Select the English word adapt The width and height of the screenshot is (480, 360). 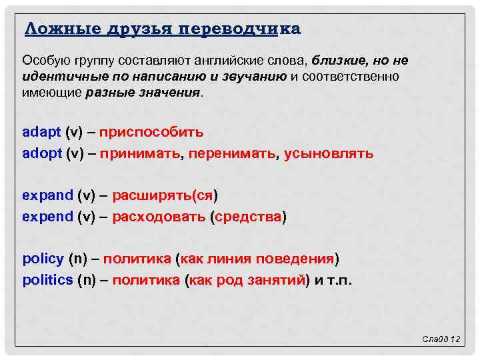(42, 132)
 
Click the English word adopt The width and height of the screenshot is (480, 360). (42, 153)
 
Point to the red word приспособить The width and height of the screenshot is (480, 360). (151, 132)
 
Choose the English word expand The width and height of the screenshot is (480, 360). (47, 195)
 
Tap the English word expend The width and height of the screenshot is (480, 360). (47, 217)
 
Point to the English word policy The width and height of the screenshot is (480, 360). (43, 259)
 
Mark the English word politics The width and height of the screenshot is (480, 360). (47, 280)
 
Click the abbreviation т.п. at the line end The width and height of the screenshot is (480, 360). (338, 280)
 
